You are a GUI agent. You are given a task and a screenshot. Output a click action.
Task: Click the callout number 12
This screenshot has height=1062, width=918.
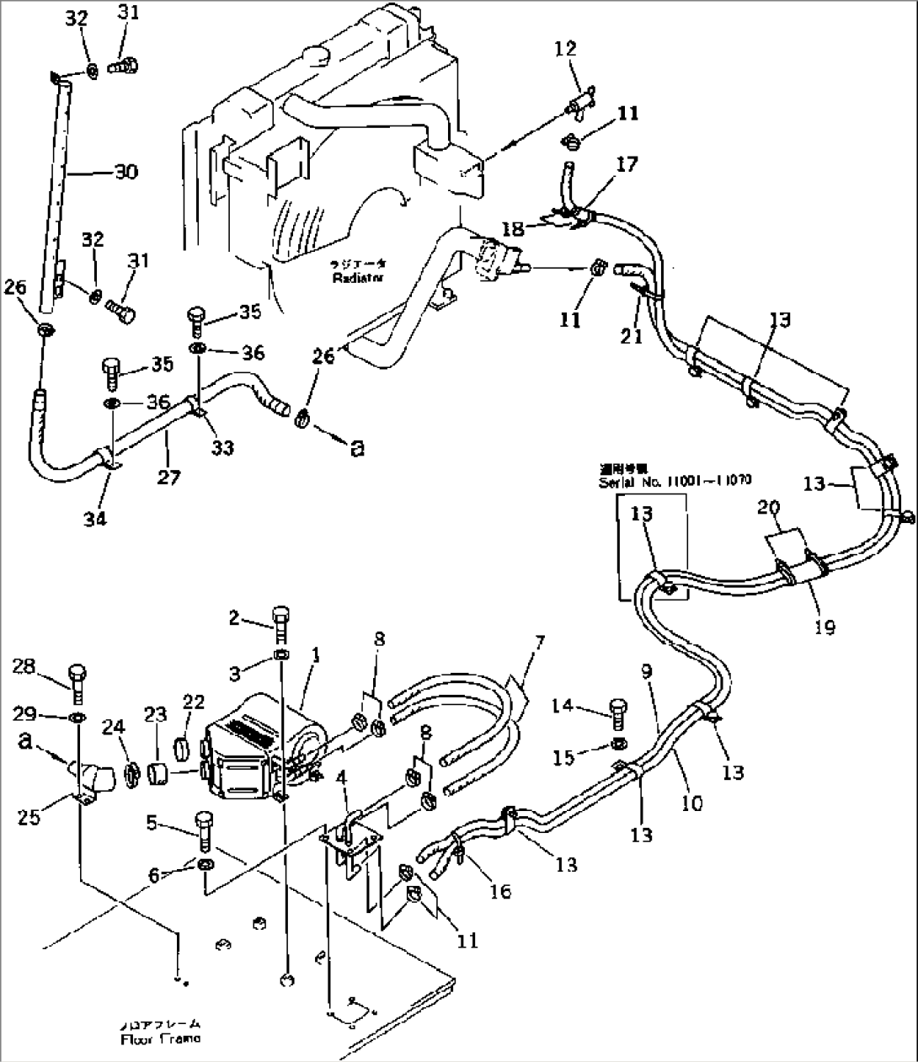click(x=565, y=49)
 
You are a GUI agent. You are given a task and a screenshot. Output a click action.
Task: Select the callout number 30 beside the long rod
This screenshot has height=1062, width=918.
click(x=125, y=172)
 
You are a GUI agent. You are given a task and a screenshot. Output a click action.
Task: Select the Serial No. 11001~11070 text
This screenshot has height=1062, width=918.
click(x=675, y=482)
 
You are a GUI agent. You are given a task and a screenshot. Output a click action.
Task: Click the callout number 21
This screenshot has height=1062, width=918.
click(x=632, y=336)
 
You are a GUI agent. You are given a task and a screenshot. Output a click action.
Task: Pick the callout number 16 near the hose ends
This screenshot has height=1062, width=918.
click(x=500, y=891)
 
